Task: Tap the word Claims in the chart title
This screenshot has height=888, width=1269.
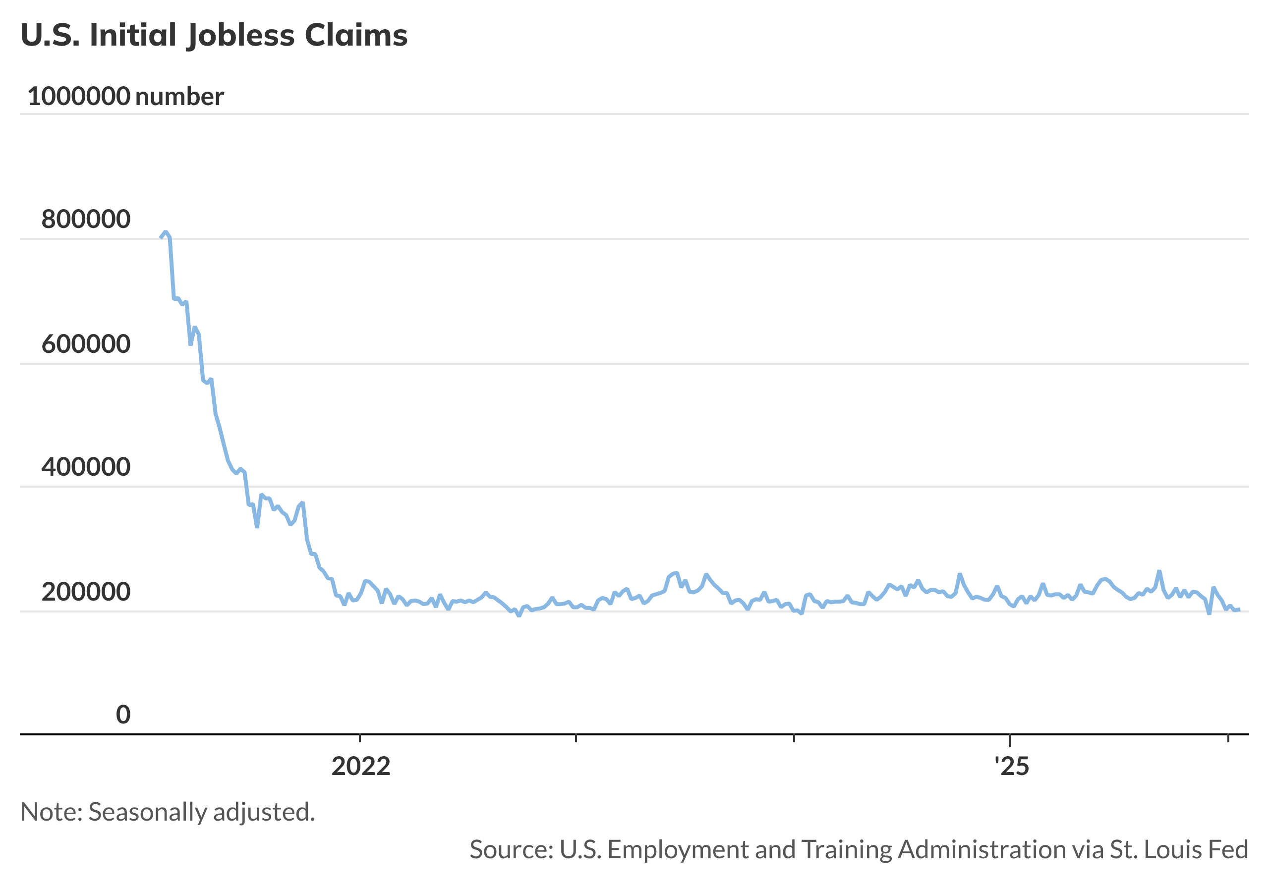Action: pyautogui.click(x=356, y=35)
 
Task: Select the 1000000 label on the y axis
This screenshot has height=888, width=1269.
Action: pyautogui.click(x=78, y=97)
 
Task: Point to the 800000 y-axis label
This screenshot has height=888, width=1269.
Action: pyautogui.click(x=86, y=220)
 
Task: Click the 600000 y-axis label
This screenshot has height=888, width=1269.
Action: pyautogui.click(x=86, y=344)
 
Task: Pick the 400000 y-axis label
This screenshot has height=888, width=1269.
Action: pyautogui.click(x=86, y=467)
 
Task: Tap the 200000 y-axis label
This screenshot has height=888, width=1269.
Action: pyautogui.click(x=86, y=592)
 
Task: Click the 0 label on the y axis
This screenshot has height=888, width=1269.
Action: pyautogui.click(x=123, y=715)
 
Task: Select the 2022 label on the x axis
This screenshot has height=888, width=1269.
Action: pyautogui.click(x=361, y=766)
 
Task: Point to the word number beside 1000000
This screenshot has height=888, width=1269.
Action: pyautogui.click(x=179, y=97)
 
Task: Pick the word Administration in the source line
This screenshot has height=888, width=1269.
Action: pyautogui.click(x=981, y=849)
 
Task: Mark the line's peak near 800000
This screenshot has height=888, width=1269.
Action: pyautogui.click(x=165, y=232)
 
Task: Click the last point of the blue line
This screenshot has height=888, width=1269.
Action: pyautogui.click(x=1240, y=610)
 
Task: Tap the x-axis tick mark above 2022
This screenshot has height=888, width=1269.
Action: pyautogui.click(x=360, y=737)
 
